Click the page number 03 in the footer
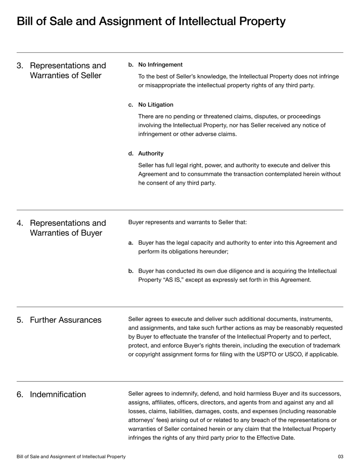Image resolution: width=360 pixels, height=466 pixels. pyautogui.click(x=340, y=457)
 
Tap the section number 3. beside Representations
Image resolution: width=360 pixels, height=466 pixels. pyautogui.click(x=20, y=65)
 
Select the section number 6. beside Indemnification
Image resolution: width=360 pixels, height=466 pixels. pyautogui.click(x=20, y=394)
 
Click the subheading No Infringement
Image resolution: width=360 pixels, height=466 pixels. pyautogui.click(x=160, y=64)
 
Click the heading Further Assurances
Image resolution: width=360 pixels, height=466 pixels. pyautogui.click(x=65, y=320)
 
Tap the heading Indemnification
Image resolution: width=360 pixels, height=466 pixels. pyautogui.click(x=58, y=394)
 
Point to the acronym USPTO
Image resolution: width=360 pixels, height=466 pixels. pyautogui.click(x=283, y=354)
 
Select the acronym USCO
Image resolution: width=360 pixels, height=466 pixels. pyautogui.click(x=310, y=354)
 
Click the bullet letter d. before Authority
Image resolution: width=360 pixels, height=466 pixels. pyautogui.click(x=131, y=154)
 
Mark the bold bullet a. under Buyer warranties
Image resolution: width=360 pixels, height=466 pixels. pyautogui.click(x=131, y=243)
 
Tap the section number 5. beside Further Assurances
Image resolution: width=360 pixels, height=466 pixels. pyautogui.click(x=20, y=320)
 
